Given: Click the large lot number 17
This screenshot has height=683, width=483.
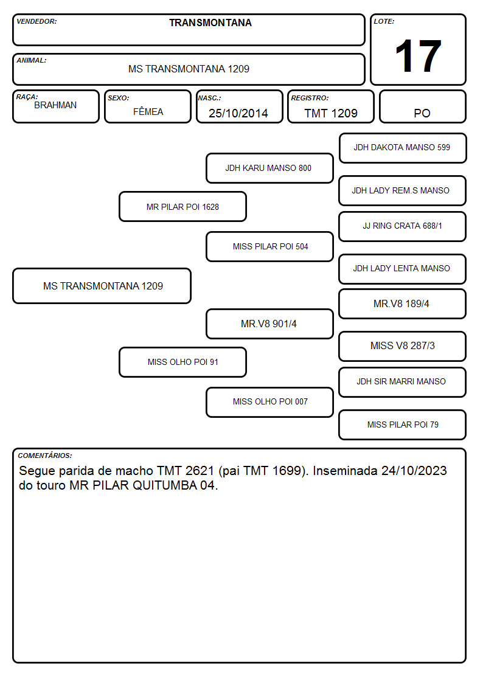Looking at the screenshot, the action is pos(418,56).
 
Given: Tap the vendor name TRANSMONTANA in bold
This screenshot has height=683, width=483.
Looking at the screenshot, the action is pos(210,23).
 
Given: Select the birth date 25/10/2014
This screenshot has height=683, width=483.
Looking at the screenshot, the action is pos(238,113).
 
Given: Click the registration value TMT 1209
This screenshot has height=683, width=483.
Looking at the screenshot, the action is pos(331,113).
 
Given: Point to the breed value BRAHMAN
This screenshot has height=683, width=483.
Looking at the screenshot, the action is pos(55,105).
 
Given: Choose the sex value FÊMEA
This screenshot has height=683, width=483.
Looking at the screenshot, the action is pos(148,111).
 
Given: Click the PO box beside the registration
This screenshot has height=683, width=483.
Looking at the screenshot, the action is pos(422,106).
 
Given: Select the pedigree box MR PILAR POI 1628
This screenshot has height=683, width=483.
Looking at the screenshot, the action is pos(183,206).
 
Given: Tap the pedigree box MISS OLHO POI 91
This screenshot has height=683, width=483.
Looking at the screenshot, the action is pos(183,362).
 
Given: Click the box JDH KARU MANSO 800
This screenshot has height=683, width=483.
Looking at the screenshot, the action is pos(269,168).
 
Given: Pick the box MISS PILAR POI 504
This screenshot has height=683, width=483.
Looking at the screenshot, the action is pos(269,246).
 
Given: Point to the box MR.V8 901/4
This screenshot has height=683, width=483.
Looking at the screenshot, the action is pos(269,324).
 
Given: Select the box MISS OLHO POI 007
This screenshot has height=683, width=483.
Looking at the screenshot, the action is pos(269,402).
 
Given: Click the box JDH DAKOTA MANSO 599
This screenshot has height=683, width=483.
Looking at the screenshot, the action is pos(403,148).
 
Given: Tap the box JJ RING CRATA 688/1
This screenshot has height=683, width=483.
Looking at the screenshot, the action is pos(403,226).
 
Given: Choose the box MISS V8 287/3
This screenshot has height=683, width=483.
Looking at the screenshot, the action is pos(403,346).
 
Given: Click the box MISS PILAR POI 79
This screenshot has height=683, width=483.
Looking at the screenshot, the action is pos(403,425).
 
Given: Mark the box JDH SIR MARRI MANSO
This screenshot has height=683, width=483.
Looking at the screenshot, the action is pos(403,382).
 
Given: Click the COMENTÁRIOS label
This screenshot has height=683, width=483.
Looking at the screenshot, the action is pos(45,456).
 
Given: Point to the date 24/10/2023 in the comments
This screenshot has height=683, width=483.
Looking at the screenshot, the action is pos(414,471).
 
